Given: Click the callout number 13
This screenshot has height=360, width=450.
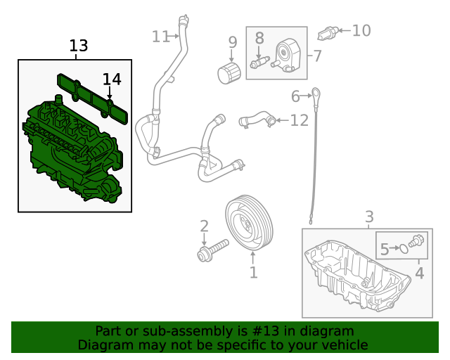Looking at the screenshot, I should click(x=79, y=46).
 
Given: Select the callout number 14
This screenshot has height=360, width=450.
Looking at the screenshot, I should click(x=112, y=79).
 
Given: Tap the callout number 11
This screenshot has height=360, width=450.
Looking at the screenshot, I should click(x=161, y=36).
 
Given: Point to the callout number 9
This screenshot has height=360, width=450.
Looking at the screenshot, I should click(x=233, y=44).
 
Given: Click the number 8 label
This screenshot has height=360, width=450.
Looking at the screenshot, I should click(x=259, y=38).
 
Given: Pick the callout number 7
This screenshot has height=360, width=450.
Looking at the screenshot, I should click(x=317, y=54).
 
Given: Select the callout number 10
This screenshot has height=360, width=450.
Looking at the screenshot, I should click(x=361, y=30).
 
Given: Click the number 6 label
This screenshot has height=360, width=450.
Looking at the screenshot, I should click(x=296, y=95).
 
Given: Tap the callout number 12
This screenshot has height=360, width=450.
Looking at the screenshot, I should click(x=299, y=120).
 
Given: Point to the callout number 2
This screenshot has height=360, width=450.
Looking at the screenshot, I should click(x=204, y=226).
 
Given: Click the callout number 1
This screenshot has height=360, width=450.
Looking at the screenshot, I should click(x=253, y=272).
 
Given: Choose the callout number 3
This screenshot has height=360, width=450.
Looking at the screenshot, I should click(x=369, y=217).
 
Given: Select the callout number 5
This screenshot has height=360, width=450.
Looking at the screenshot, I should click(x=385, y=248).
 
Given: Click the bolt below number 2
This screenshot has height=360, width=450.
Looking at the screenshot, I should click(x=213, y=250).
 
